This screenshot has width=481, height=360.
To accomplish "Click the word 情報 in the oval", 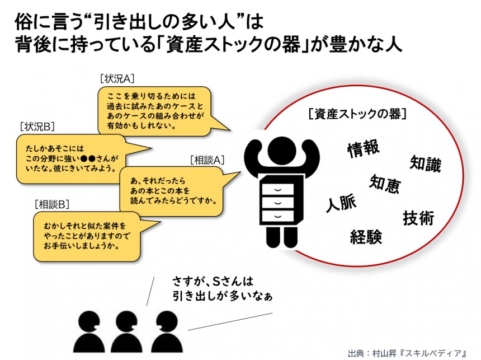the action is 364,149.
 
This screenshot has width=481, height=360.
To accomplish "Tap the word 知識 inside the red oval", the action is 426,163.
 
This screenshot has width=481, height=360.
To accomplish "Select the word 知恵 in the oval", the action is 385,184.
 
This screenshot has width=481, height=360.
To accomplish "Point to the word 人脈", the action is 341,203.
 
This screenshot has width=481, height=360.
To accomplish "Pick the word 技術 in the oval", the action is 418,218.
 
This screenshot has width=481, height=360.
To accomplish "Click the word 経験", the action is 366,236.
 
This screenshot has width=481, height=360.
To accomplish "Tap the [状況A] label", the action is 117,78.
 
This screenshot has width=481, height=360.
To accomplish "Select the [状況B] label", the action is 37,126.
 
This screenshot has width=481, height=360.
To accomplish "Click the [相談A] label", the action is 208,160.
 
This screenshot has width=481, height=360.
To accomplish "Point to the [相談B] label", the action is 52,204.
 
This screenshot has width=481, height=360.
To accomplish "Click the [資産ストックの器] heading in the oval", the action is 358,114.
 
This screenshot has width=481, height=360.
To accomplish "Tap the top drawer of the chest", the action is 277,189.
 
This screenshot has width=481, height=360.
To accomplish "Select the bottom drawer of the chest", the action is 277,216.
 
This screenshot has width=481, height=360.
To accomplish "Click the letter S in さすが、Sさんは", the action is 217,280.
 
